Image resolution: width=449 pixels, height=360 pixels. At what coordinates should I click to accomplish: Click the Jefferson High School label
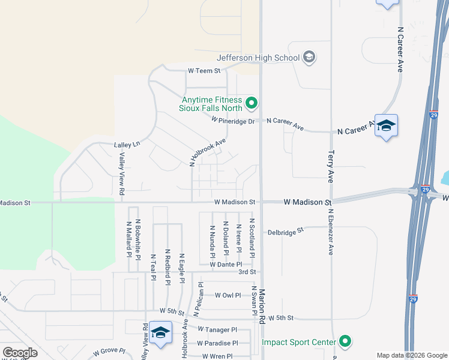pyautogui.click(x=258, y=58)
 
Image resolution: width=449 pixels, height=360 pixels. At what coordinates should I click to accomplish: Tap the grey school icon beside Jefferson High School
pyautogui.click(x=309, y=58)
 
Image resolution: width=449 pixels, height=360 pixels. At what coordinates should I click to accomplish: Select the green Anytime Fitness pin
pyautogui.click(x=252, y=104)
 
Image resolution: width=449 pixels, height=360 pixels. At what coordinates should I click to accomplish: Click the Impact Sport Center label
pyautogui.click(x=298, y=343)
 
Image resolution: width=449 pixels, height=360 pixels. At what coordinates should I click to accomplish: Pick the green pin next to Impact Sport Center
pyautogui.click(x=345, y=342)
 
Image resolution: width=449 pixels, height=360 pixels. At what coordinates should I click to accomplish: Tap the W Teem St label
pyautogui.click(x=205, y=70)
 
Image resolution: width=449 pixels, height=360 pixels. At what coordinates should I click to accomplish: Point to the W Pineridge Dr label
pyautogui.click(x=235, y=120)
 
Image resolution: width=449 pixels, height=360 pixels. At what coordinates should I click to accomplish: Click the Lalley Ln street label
pyautogui.click(x=127, y=145)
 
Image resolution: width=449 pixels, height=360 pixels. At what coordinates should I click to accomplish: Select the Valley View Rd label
pyautogui.click(x=121, y=174)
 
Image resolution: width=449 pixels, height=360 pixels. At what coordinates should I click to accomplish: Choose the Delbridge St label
pyautogui.click(x=286, y=231)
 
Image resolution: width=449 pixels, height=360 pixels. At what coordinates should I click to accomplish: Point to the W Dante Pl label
pyautogui.click(x=226, y=264)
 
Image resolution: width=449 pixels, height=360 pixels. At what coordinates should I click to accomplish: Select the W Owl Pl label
pyautogui.click(x=228, y=295)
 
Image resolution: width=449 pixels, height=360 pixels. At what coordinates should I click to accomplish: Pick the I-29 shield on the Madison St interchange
pyautogui.click(x=426, y=190)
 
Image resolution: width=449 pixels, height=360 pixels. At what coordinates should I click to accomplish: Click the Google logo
pyautogui.click(x=20, y=353)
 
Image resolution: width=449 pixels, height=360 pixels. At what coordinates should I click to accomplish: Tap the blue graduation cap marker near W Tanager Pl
pyautogui.click(x=160, y=332)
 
